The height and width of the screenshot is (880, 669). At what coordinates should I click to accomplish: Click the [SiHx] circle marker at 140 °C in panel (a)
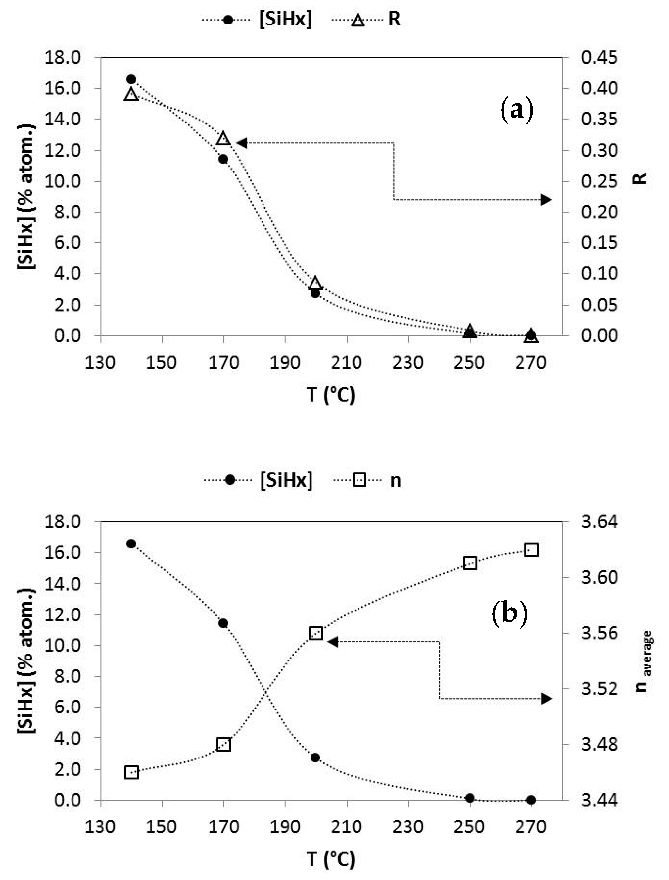[131, 79]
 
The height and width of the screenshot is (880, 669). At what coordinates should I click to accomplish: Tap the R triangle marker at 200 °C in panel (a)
[315, 282]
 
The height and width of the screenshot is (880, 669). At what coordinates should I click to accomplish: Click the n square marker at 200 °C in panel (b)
[316, 633]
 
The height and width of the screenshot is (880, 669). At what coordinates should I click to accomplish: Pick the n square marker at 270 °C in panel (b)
[532, 550]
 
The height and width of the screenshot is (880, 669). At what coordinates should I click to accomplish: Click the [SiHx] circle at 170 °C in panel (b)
[223, 623]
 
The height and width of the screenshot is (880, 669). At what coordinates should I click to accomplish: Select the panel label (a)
[516, 110]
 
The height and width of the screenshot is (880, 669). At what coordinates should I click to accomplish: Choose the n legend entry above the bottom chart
[395, 481]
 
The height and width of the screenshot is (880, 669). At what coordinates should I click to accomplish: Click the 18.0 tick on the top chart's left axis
[63, 58]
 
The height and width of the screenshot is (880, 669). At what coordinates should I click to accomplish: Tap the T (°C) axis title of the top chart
[330, 395]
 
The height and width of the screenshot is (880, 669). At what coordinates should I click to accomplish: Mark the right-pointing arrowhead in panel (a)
[546, 200]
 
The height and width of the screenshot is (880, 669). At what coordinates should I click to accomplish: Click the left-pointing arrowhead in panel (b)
[332, 642]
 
